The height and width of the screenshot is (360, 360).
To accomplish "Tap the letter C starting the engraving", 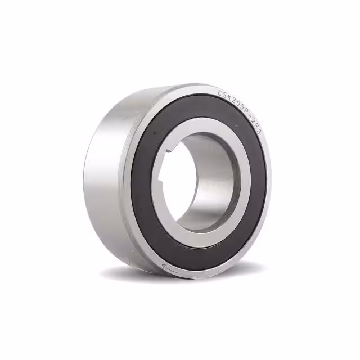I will [220, 93].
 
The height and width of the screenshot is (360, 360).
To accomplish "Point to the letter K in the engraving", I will [229, 98].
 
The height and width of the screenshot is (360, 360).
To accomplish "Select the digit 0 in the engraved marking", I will [238, 104].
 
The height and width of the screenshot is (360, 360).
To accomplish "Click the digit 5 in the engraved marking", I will [242, 107].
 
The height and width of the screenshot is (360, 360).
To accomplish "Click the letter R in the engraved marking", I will [257, 126].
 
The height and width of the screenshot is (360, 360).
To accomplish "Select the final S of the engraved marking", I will [259, 132].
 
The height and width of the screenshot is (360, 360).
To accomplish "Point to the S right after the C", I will [224, 95].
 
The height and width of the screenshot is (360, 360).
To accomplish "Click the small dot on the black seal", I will [155, 132].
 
